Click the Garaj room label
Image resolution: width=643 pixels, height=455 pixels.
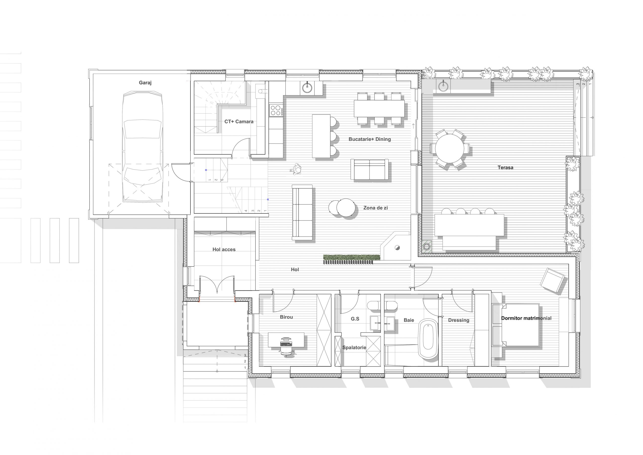point(145,83)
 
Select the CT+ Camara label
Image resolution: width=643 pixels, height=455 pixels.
point(239,122)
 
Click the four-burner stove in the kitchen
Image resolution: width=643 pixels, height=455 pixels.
point(276,110)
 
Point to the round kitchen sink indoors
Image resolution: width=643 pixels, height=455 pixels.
point(307,87)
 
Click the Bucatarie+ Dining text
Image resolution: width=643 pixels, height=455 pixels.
point(370,139)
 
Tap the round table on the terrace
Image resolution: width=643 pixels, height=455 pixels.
point(450,149)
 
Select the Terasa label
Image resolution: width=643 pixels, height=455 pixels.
point(506,168)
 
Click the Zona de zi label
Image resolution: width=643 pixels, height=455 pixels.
point(376,208)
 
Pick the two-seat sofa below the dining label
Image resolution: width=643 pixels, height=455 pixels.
point(369,169)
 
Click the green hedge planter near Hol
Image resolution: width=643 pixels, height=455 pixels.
point(351,257)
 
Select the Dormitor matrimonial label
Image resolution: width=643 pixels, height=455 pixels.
point(526,319)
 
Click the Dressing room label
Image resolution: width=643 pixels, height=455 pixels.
point(459,321)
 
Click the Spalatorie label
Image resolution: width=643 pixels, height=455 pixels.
point(354,348)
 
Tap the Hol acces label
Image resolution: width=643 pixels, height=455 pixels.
point(224,250)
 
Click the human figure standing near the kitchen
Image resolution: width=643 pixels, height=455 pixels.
point(297,170)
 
